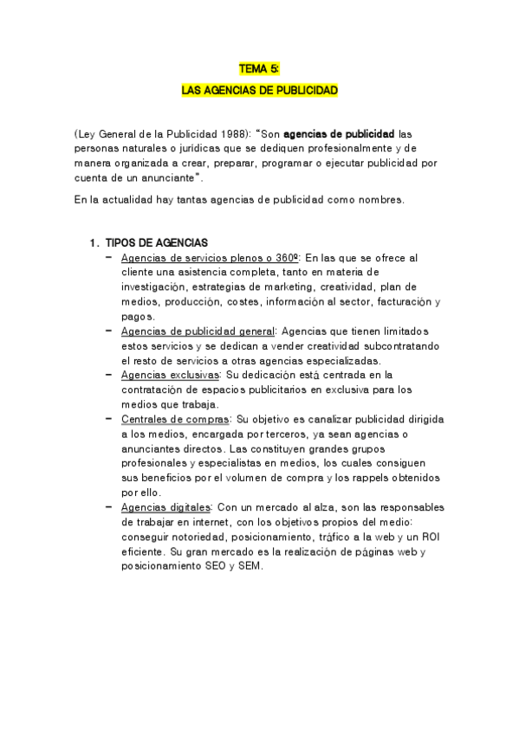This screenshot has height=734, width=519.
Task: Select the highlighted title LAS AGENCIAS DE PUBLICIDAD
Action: tap(259, 89)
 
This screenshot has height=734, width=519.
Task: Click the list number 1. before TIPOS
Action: tap(95, 242)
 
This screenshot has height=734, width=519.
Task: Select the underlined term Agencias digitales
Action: tap(166, 506)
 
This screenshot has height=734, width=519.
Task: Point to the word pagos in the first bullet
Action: tap(138, 316)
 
